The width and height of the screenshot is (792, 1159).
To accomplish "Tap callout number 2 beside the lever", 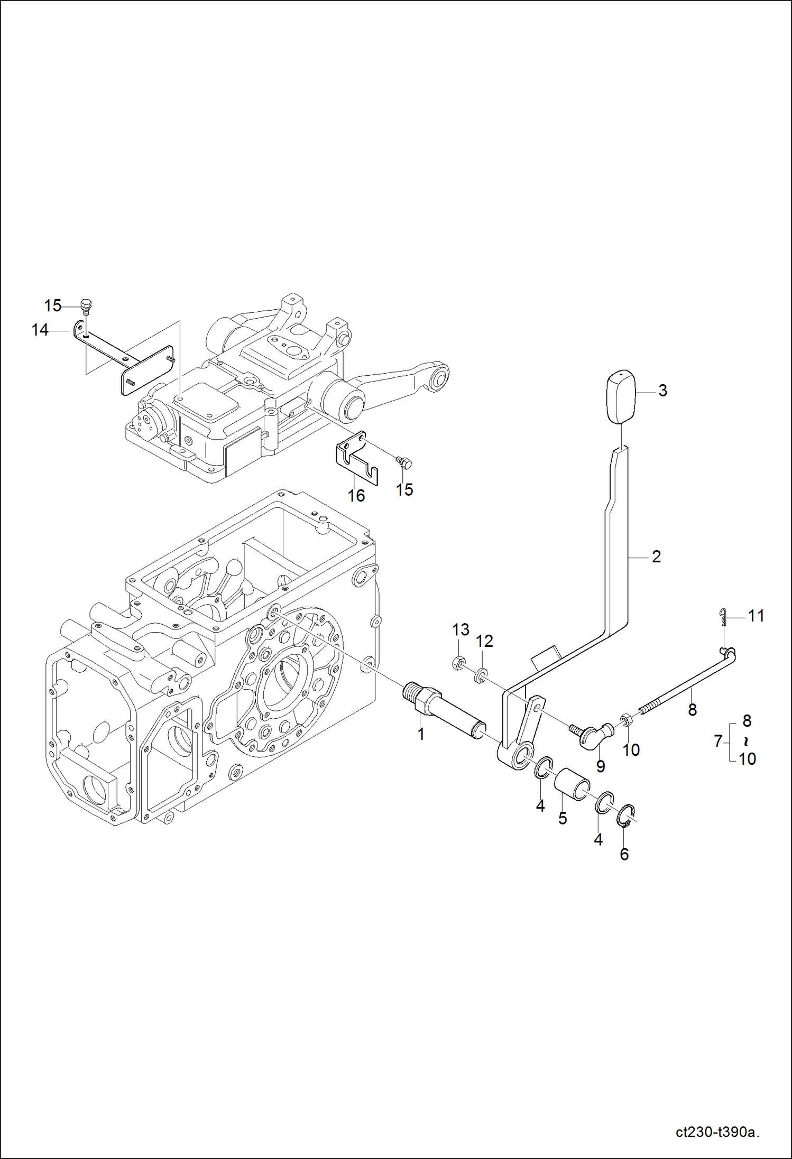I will pyautogui.click(x=656, y=557).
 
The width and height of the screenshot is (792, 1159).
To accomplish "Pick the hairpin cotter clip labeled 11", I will pyautogui.click(x=724, y=616).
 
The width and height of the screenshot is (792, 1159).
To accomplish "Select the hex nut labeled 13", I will pyautogui.click(x=459, y=663).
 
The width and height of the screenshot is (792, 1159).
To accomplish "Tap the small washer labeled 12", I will pyautogui.click(x=481, y=675).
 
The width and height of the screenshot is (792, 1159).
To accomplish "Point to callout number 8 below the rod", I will pyautogui.click(x=692, y=710).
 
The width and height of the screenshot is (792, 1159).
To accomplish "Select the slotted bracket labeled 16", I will pyautogui.click(x=357, y=459).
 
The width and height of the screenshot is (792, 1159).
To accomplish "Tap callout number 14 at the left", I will pyautogui.click(x=40, y=330).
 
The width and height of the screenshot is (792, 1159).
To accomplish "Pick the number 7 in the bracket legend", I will pyautogui.click(x=717, y=741).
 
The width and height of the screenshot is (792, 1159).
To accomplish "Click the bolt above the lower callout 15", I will pyautogui.click(x=404, y=462).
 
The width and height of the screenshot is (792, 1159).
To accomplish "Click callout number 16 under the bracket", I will pyautogui.click(x=356, y=496).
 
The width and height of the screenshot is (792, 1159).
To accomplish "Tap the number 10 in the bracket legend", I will pyautogui.click(x=747, y=759).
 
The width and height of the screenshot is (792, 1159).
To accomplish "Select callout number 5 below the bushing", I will pyautogui.click(x=563, y=819).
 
